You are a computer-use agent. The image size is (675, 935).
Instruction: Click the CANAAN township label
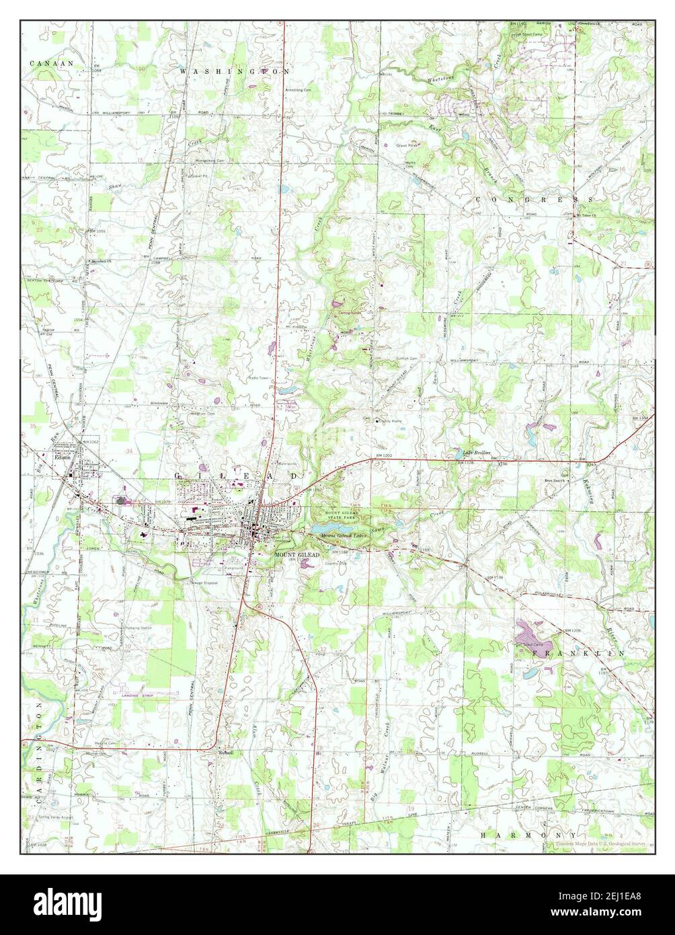click(51, 63)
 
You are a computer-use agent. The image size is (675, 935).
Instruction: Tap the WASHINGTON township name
click(234, 70)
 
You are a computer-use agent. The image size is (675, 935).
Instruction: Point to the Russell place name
click(225, 753)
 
